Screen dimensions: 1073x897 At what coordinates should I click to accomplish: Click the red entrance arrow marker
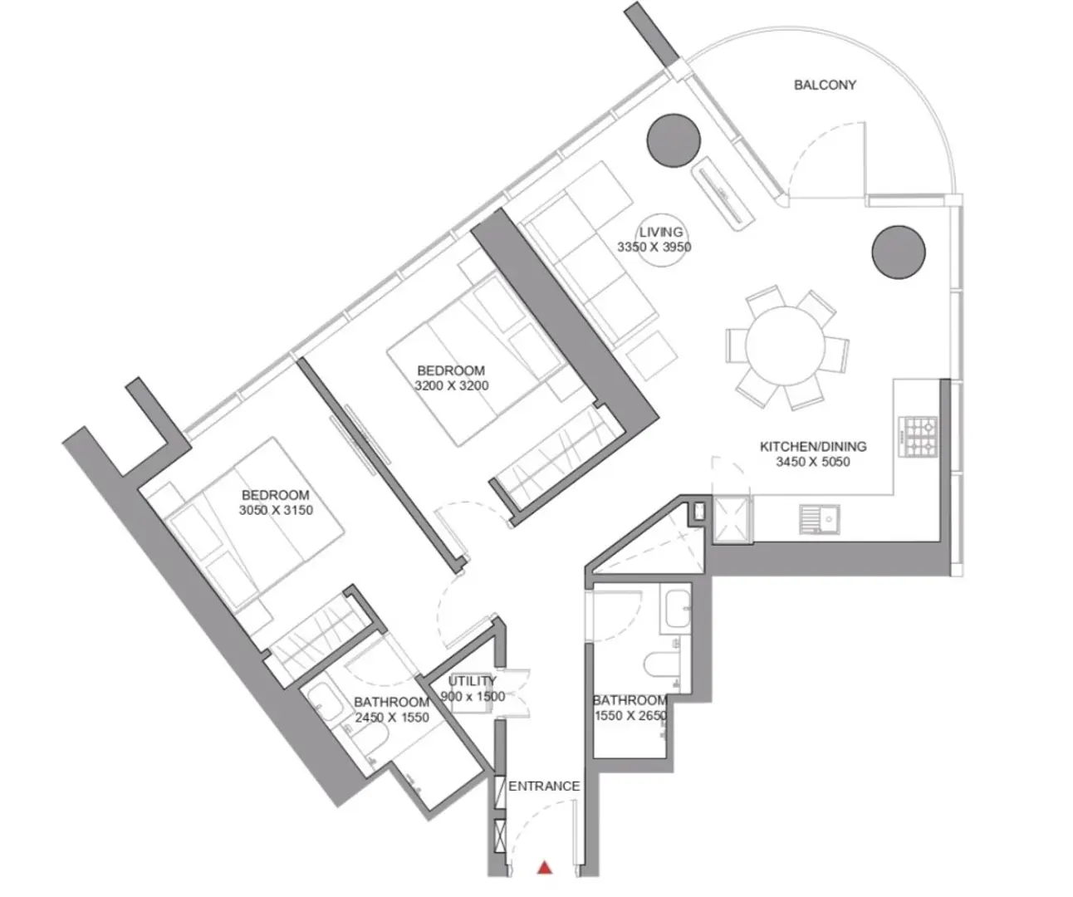point(545,868)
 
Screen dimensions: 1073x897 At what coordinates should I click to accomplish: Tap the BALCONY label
point(825,85)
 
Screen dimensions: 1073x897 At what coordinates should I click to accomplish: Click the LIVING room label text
point(661,232)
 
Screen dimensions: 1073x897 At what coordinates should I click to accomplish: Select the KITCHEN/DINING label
point(813,446)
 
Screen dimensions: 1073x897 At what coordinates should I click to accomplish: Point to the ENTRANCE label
point(544,786)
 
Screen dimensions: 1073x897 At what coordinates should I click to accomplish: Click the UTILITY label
point(472,681)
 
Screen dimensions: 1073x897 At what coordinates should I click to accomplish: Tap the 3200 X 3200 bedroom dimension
point(452,385)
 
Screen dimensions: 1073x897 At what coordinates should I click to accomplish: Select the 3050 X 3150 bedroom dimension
point(276,510)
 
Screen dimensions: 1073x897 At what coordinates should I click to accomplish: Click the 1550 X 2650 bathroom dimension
point(630,715)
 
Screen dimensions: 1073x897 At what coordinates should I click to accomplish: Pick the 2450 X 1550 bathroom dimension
point(392,717)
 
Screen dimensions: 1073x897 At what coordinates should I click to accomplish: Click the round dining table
point(785,346)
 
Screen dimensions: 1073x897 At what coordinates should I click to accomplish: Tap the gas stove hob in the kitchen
point(918,436)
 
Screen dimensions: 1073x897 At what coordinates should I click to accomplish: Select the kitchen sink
point(819,519)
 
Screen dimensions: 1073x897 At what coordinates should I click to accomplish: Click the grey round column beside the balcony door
point(674,140)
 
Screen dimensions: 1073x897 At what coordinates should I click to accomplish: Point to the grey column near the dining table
point(899,252)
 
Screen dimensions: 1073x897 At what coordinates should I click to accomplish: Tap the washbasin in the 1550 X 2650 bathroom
point(678,609)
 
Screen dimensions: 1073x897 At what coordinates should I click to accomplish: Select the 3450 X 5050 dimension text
point(813,462)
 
